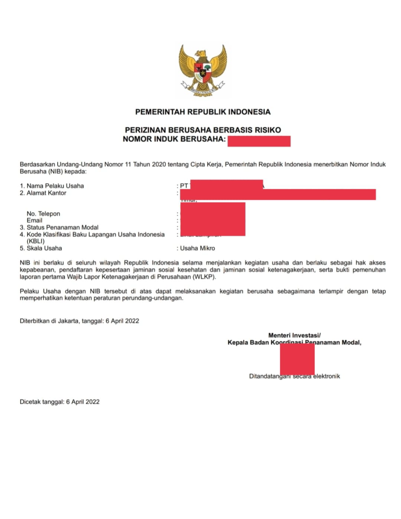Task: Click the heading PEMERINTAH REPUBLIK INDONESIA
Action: point(203,112)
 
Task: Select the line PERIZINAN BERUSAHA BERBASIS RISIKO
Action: point(203,130)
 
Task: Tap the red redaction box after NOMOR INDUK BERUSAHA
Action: point(259,141)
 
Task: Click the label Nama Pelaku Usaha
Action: point(55,186)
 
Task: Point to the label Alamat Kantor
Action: point(46,193)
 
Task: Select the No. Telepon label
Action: point(43,214)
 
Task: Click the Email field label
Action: point(34,220)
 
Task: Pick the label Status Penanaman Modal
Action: point(62,227)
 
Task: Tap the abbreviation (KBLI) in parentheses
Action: point(36,241)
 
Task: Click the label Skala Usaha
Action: point(44,248)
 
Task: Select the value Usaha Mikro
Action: point(197,248)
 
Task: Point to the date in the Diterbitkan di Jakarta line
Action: point(122,321)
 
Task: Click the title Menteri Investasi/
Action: point(294,335)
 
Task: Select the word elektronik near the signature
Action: point(327,376)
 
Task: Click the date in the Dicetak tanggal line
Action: point(83,402)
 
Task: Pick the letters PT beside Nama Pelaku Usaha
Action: point(184,186)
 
